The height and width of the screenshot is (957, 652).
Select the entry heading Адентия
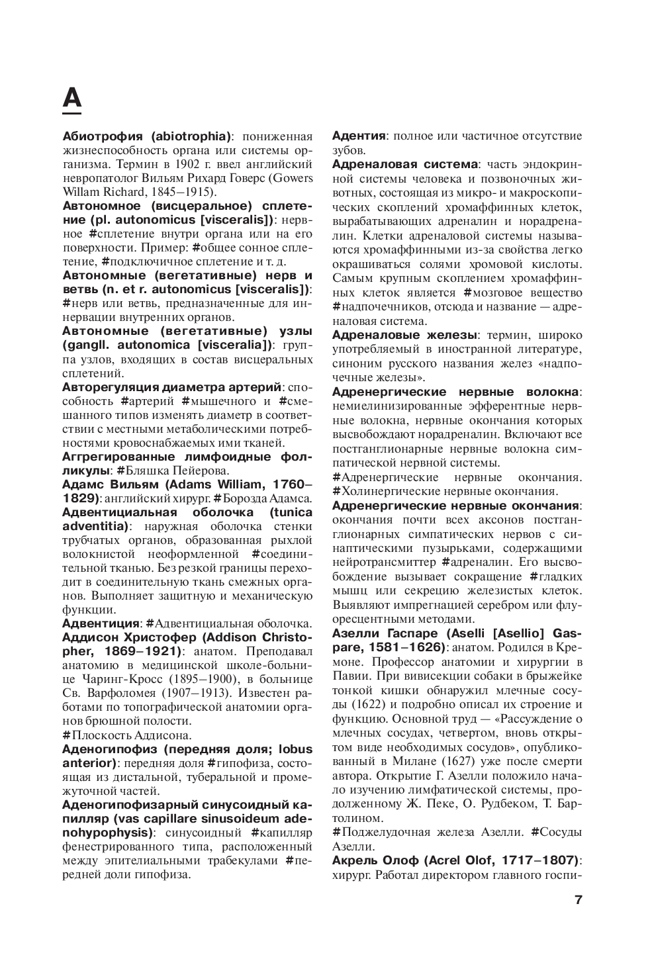coord(358,136)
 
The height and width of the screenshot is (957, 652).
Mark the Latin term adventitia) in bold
coord(95,526)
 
